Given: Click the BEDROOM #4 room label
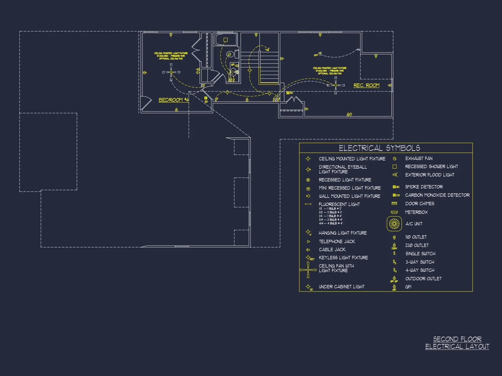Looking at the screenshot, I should click(x=173, y=100).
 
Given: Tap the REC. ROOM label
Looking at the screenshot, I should click(x=366, y=85).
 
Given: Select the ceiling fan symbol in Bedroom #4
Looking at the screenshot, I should click(x=171, y=72).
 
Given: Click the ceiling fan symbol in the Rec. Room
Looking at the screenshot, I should click(x=336, y=85).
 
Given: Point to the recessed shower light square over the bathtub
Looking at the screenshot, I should click(x=225, y=40).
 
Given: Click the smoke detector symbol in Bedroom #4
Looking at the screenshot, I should click(x=206, y=98).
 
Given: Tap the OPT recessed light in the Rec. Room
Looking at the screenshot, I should click(x=320, y=53).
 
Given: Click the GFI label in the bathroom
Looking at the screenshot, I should click(x=233, y=65).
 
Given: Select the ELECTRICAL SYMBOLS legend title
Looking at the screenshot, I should click(x=379, y=148).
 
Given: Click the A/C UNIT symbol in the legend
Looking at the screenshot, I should click(x=394, y=224).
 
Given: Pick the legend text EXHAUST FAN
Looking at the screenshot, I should click(x=419, y=158).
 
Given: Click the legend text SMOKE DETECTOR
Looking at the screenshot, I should click(x=424, y=187).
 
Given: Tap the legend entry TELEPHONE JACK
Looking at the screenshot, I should click(x=337, y=241).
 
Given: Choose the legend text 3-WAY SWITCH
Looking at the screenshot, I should click(x=420, y=262).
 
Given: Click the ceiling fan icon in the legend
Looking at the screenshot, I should click(x=308, y=270).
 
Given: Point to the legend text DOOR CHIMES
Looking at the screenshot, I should click(x=419, y=204).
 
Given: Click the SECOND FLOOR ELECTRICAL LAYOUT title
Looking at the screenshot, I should click(x=457, y=343).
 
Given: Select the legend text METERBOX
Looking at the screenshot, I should click(x=416, y=212).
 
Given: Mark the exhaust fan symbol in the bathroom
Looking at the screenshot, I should click(x=229, y=54).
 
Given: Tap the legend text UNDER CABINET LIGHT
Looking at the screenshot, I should click(x=341, y=287).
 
